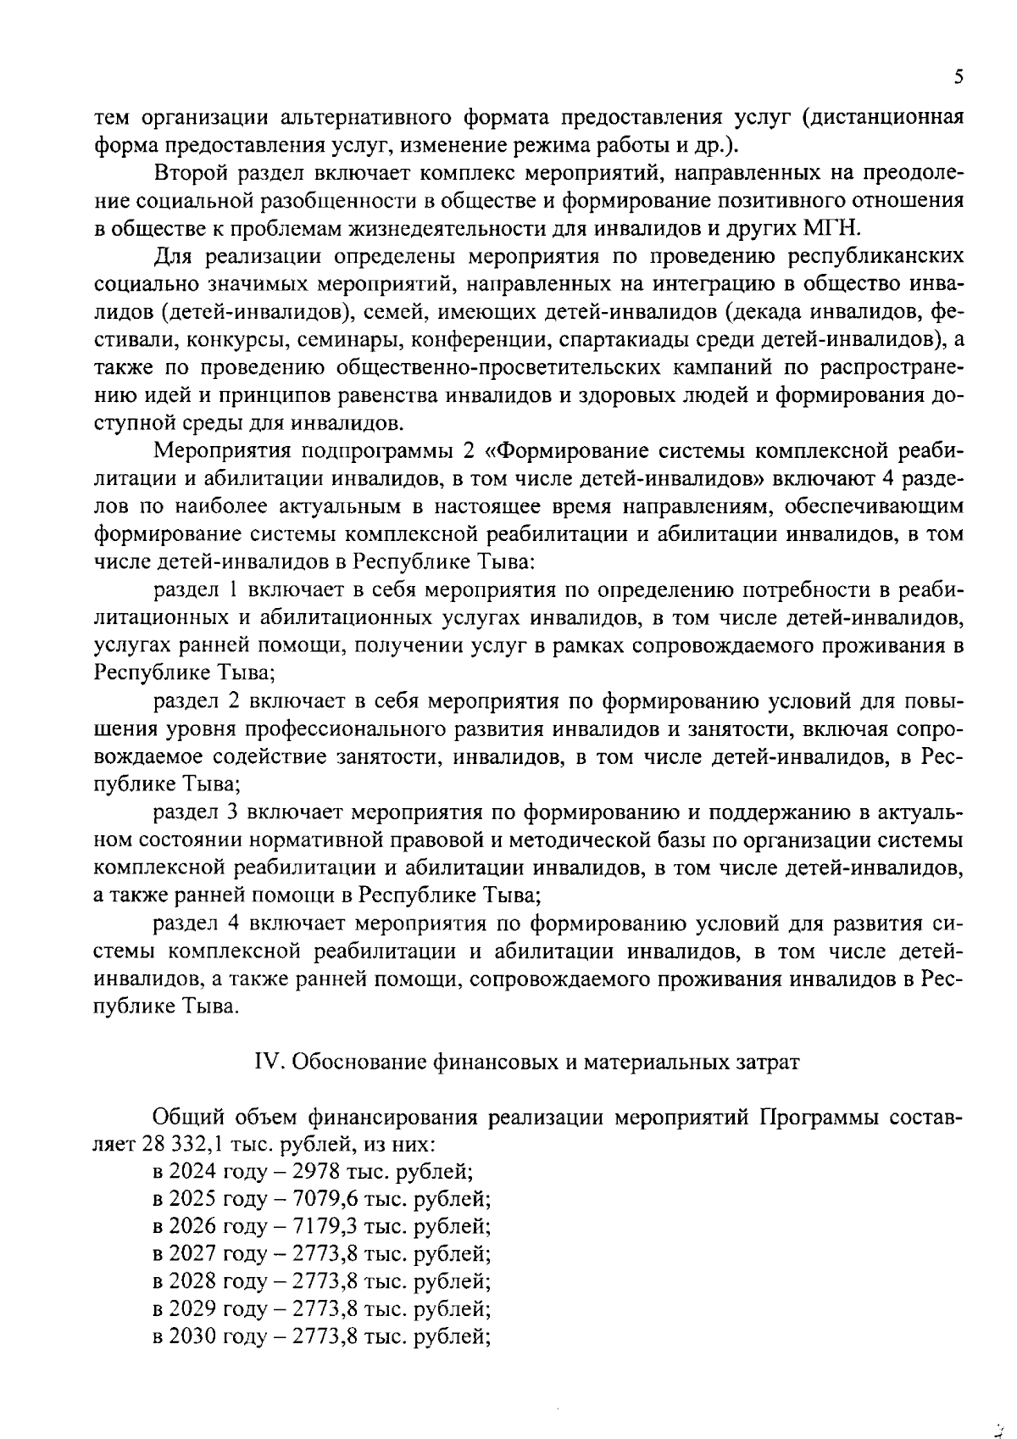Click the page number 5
[x=958, y=77]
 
